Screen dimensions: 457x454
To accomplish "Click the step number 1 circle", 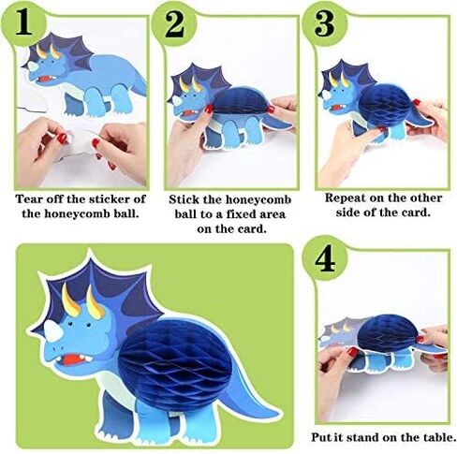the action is coord(23,24).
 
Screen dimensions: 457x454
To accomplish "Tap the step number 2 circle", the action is coord(174,25).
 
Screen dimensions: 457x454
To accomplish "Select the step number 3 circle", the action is coord(325,24).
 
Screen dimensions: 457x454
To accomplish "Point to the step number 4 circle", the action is coord(325,258).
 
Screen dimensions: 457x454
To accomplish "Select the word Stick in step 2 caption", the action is coord(184,199).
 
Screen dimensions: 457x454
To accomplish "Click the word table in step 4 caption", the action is coord(442,437).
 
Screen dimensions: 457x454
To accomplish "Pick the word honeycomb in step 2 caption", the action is coord(258,200).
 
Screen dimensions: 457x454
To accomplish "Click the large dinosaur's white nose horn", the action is coord(53,331).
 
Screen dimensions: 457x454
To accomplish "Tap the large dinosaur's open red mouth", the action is coord(73,359).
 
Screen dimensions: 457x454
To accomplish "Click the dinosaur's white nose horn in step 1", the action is coord(33,66).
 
